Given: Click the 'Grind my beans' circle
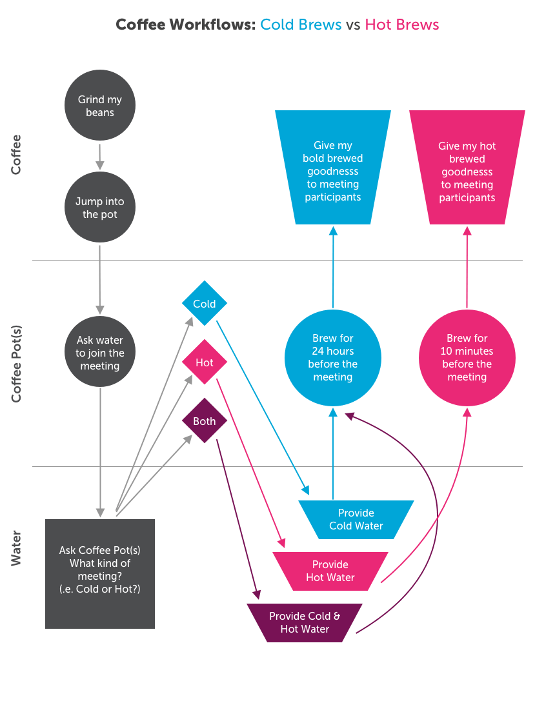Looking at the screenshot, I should coord(100,106).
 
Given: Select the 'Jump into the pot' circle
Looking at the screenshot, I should coord(100,207).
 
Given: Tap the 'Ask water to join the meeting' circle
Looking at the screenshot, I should coord(100,353).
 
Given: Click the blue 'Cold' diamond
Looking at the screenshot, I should coord(205,304).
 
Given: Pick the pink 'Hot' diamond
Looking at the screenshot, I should coord(205,362).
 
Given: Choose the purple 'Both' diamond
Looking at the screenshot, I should coord(205,421).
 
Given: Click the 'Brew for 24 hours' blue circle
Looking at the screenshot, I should coord(333,357).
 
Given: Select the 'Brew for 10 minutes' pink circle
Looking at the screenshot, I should coord(467,357).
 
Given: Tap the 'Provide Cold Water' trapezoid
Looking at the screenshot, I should coord(356,519).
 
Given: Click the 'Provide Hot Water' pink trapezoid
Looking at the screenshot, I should coord(330,571).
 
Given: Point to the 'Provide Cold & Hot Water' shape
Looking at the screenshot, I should coord(305,622).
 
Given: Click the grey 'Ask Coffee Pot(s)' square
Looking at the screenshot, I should coord(100,573).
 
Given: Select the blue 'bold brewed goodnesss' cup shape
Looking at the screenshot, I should coord(333,168).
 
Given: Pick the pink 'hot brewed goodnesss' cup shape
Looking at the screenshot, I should coord(467,168).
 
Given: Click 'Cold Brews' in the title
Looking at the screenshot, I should coord(301,25).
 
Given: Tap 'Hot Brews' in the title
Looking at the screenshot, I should coord(402,25).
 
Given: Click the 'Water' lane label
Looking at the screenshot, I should coord(16,549).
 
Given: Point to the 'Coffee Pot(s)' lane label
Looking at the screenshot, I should coord(16,364).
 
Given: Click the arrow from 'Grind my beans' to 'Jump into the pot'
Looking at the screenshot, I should coord(100,155).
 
